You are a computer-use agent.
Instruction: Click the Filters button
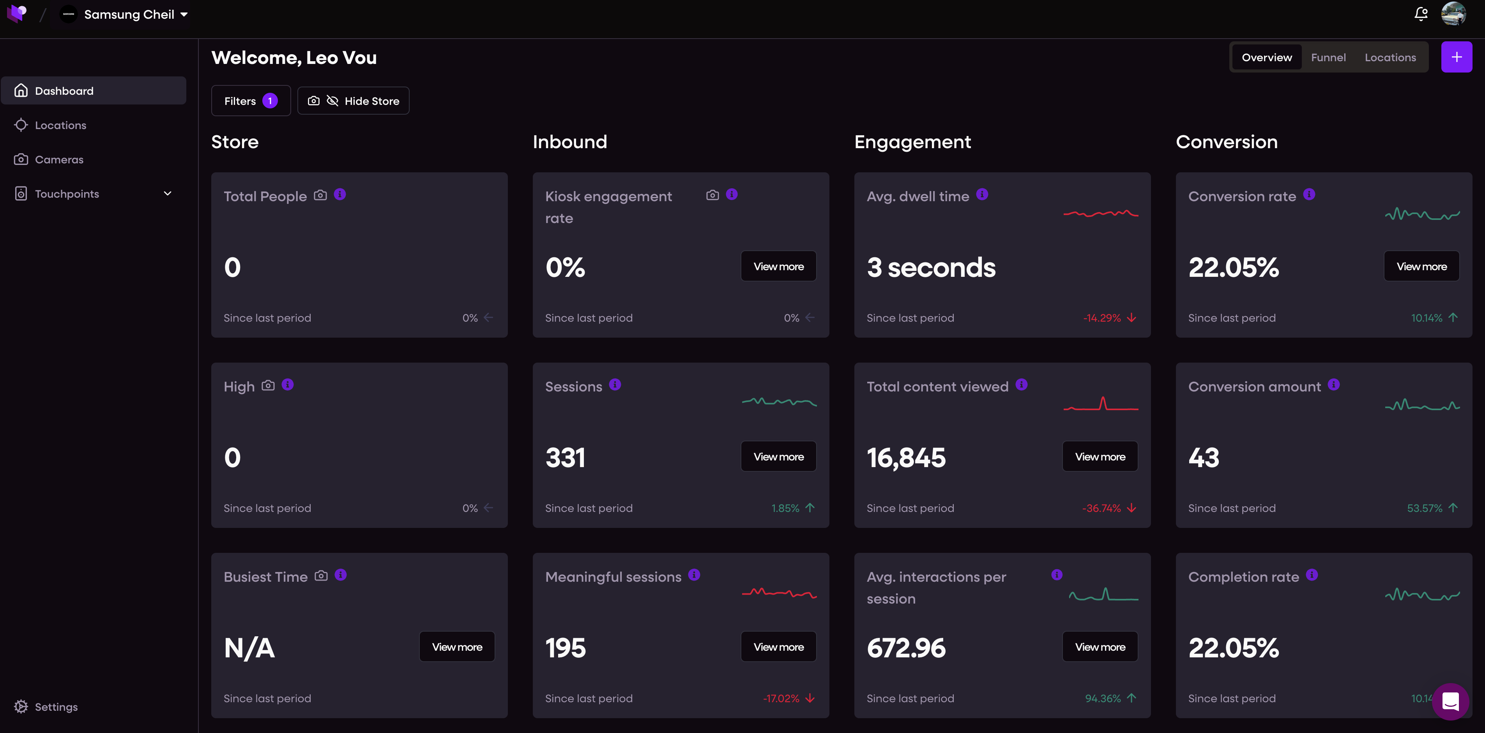[251, 101]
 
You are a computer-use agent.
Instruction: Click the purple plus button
[1456, 57]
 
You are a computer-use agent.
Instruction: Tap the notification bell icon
[1421, 14]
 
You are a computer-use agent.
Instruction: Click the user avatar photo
[1453, 14]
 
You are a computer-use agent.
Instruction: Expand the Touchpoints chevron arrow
[168, 194]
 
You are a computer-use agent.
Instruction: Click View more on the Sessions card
[778, 457]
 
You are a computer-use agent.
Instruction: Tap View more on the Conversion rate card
[1421, 266]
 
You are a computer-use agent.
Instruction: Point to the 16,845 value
[906, 458]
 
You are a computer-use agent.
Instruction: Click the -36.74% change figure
[1101, 508]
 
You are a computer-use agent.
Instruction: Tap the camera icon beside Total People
[320, 195]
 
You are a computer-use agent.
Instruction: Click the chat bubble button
[1450, 702]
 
